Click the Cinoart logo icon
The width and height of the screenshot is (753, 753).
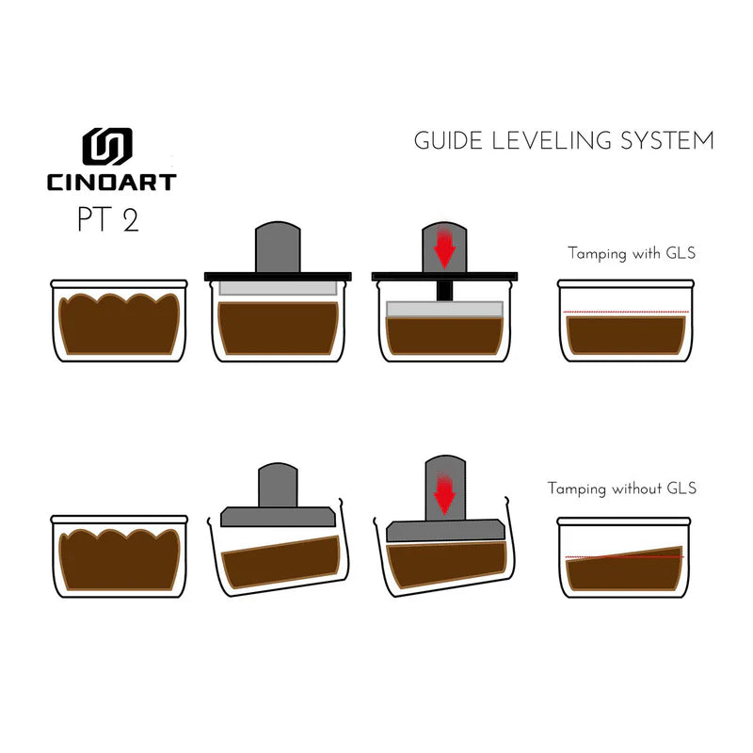[x=106, y=147]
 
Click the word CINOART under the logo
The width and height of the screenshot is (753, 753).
[x=111, y=181]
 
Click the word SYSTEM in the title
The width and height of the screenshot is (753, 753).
[x=666, y=142]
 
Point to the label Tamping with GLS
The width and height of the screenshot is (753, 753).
[x=633, y=253]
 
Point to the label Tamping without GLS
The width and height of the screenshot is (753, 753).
[x=622, y=489]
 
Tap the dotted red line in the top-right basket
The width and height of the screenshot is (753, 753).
[x=626, y=312]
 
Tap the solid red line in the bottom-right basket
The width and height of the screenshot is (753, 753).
[x=626, y=557]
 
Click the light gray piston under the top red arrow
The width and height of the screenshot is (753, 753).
[x=444, y=309]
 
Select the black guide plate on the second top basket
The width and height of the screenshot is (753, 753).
[x=278, y=276]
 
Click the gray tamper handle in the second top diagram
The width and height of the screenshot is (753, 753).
[x=278, y=247]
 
